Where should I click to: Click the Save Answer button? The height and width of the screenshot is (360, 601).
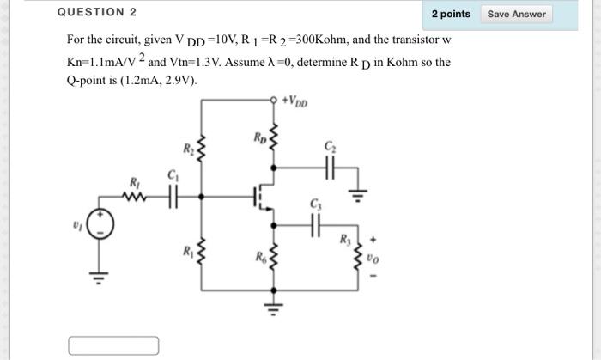(516, 14)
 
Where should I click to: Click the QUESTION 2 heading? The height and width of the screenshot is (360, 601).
(96, 13)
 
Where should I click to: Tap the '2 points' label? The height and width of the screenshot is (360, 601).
(451, 14)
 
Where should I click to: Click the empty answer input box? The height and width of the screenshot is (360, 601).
(114, 345)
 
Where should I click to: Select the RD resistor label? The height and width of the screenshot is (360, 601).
(259, 137)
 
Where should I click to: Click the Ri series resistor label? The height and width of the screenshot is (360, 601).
(134, 182)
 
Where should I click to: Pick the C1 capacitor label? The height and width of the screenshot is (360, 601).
(172, 176)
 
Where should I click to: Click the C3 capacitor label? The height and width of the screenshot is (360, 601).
(313, 204)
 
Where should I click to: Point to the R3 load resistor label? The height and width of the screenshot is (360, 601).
(345, 239)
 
